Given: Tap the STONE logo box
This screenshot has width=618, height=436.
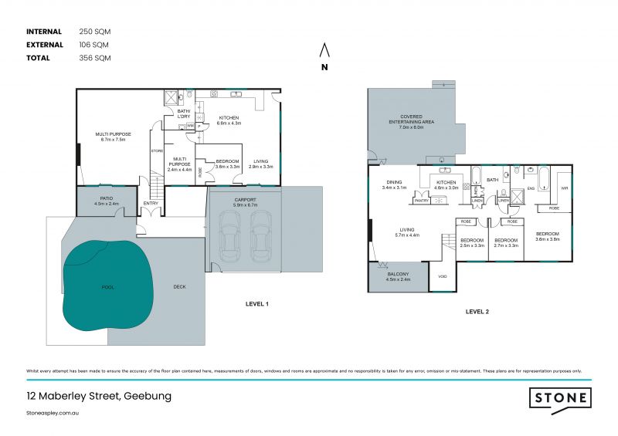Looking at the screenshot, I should [561, 399].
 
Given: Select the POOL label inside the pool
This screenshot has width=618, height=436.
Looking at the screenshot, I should [107, 287].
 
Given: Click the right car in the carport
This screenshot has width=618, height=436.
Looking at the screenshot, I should [260, 237].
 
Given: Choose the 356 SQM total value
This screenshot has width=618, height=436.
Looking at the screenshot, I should [93, 58].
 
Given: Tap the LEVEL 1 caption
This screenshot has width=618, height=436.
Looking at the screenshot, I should [256, 305].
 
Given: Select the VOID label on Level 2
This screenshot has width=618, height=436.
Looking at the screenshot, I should [442, 276].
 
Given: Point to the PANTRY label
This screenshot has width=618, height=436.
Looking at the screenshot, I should [422, 201].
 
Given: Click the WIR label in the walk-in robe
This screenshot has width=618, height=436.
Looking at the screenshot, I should [564, 188].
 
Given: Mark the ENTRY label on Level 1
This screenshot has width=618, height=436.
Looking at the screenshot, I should [151, 204].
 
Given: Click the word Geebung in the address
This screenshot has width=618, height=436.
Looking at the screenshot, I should [147, 397].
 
